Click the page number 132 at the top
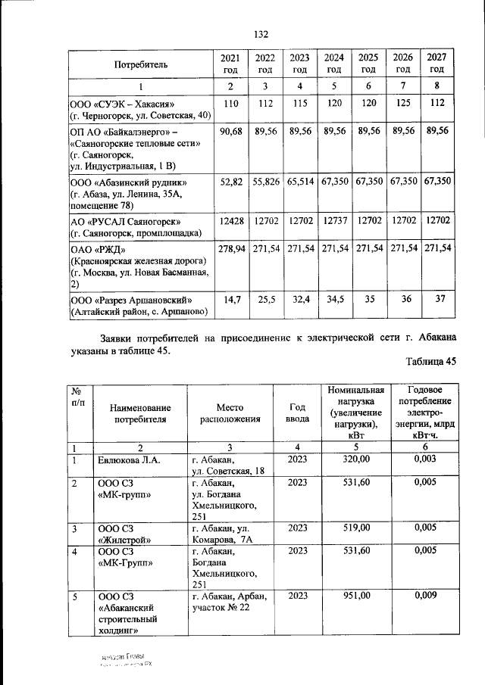tap(261, 35)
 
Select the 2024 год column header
tap(333, 63)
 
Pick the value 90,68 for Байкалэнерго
tap(230, 131)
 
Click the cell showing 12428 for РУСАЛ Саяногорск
tap(230, 221)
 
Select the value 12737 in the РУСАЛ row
tap(333, 221)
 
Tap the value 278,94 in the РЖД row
tap(230, 248)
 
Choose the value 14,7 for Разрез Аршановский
tap(230, 300)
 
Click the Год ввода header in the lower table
tap(298, 413)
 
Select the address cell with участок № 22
tap(227, 602)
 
